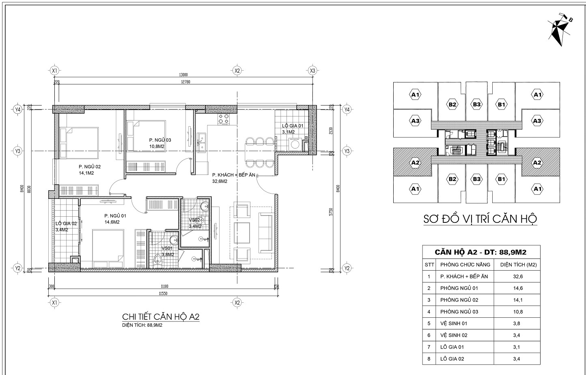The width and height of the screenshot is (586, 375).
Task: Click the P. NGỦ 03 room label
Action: click(x=160, y=140)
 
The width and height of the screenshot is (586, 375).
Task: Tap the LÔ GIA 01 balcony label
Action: click(x=293, y=126)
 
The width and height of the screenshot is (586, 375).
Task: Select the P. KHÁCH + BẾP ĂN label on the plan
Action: click(x=234, y=175)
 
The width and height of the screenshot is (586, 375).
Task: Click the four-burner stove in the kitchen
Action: click(x=224, y=119)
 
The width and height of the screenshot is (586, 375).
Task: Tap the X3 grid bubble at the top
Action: click(x=312, y=70)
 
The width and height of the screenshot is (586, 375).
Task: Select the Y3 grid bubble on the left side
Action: click(x=18, y=151)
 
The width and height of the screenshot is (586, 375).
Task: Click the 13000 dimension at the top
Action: click(x=183, y=75)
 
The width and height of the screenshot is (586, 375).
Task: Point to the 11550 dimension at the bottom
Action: click(x=163, y=293)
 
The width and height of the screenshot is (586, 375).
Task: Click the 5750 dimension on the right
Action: click(x=331, y=212)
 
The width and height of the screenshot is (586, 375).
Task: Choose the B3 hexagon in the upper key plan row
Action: click(x=477, y=104)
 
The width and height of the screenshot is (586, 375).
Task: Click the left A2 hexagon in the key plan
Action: click(x=415, y=162)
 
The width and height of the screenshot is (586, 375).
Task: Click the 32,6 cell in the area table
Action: click(x=518, y=276)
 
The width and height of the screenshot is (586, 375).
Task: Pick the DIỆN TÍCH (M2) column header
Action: click(x=519, y=265)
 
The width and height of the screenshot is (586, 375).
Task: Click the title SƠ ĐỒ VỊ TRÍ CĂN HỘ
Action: click(x=480, y=219)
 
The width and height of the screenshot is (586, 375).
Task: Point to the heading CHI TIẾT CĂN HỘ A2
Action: click(x=161, y=317)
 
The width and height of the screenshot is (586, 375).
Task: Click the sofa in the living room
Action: click(x=266, y=233)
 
